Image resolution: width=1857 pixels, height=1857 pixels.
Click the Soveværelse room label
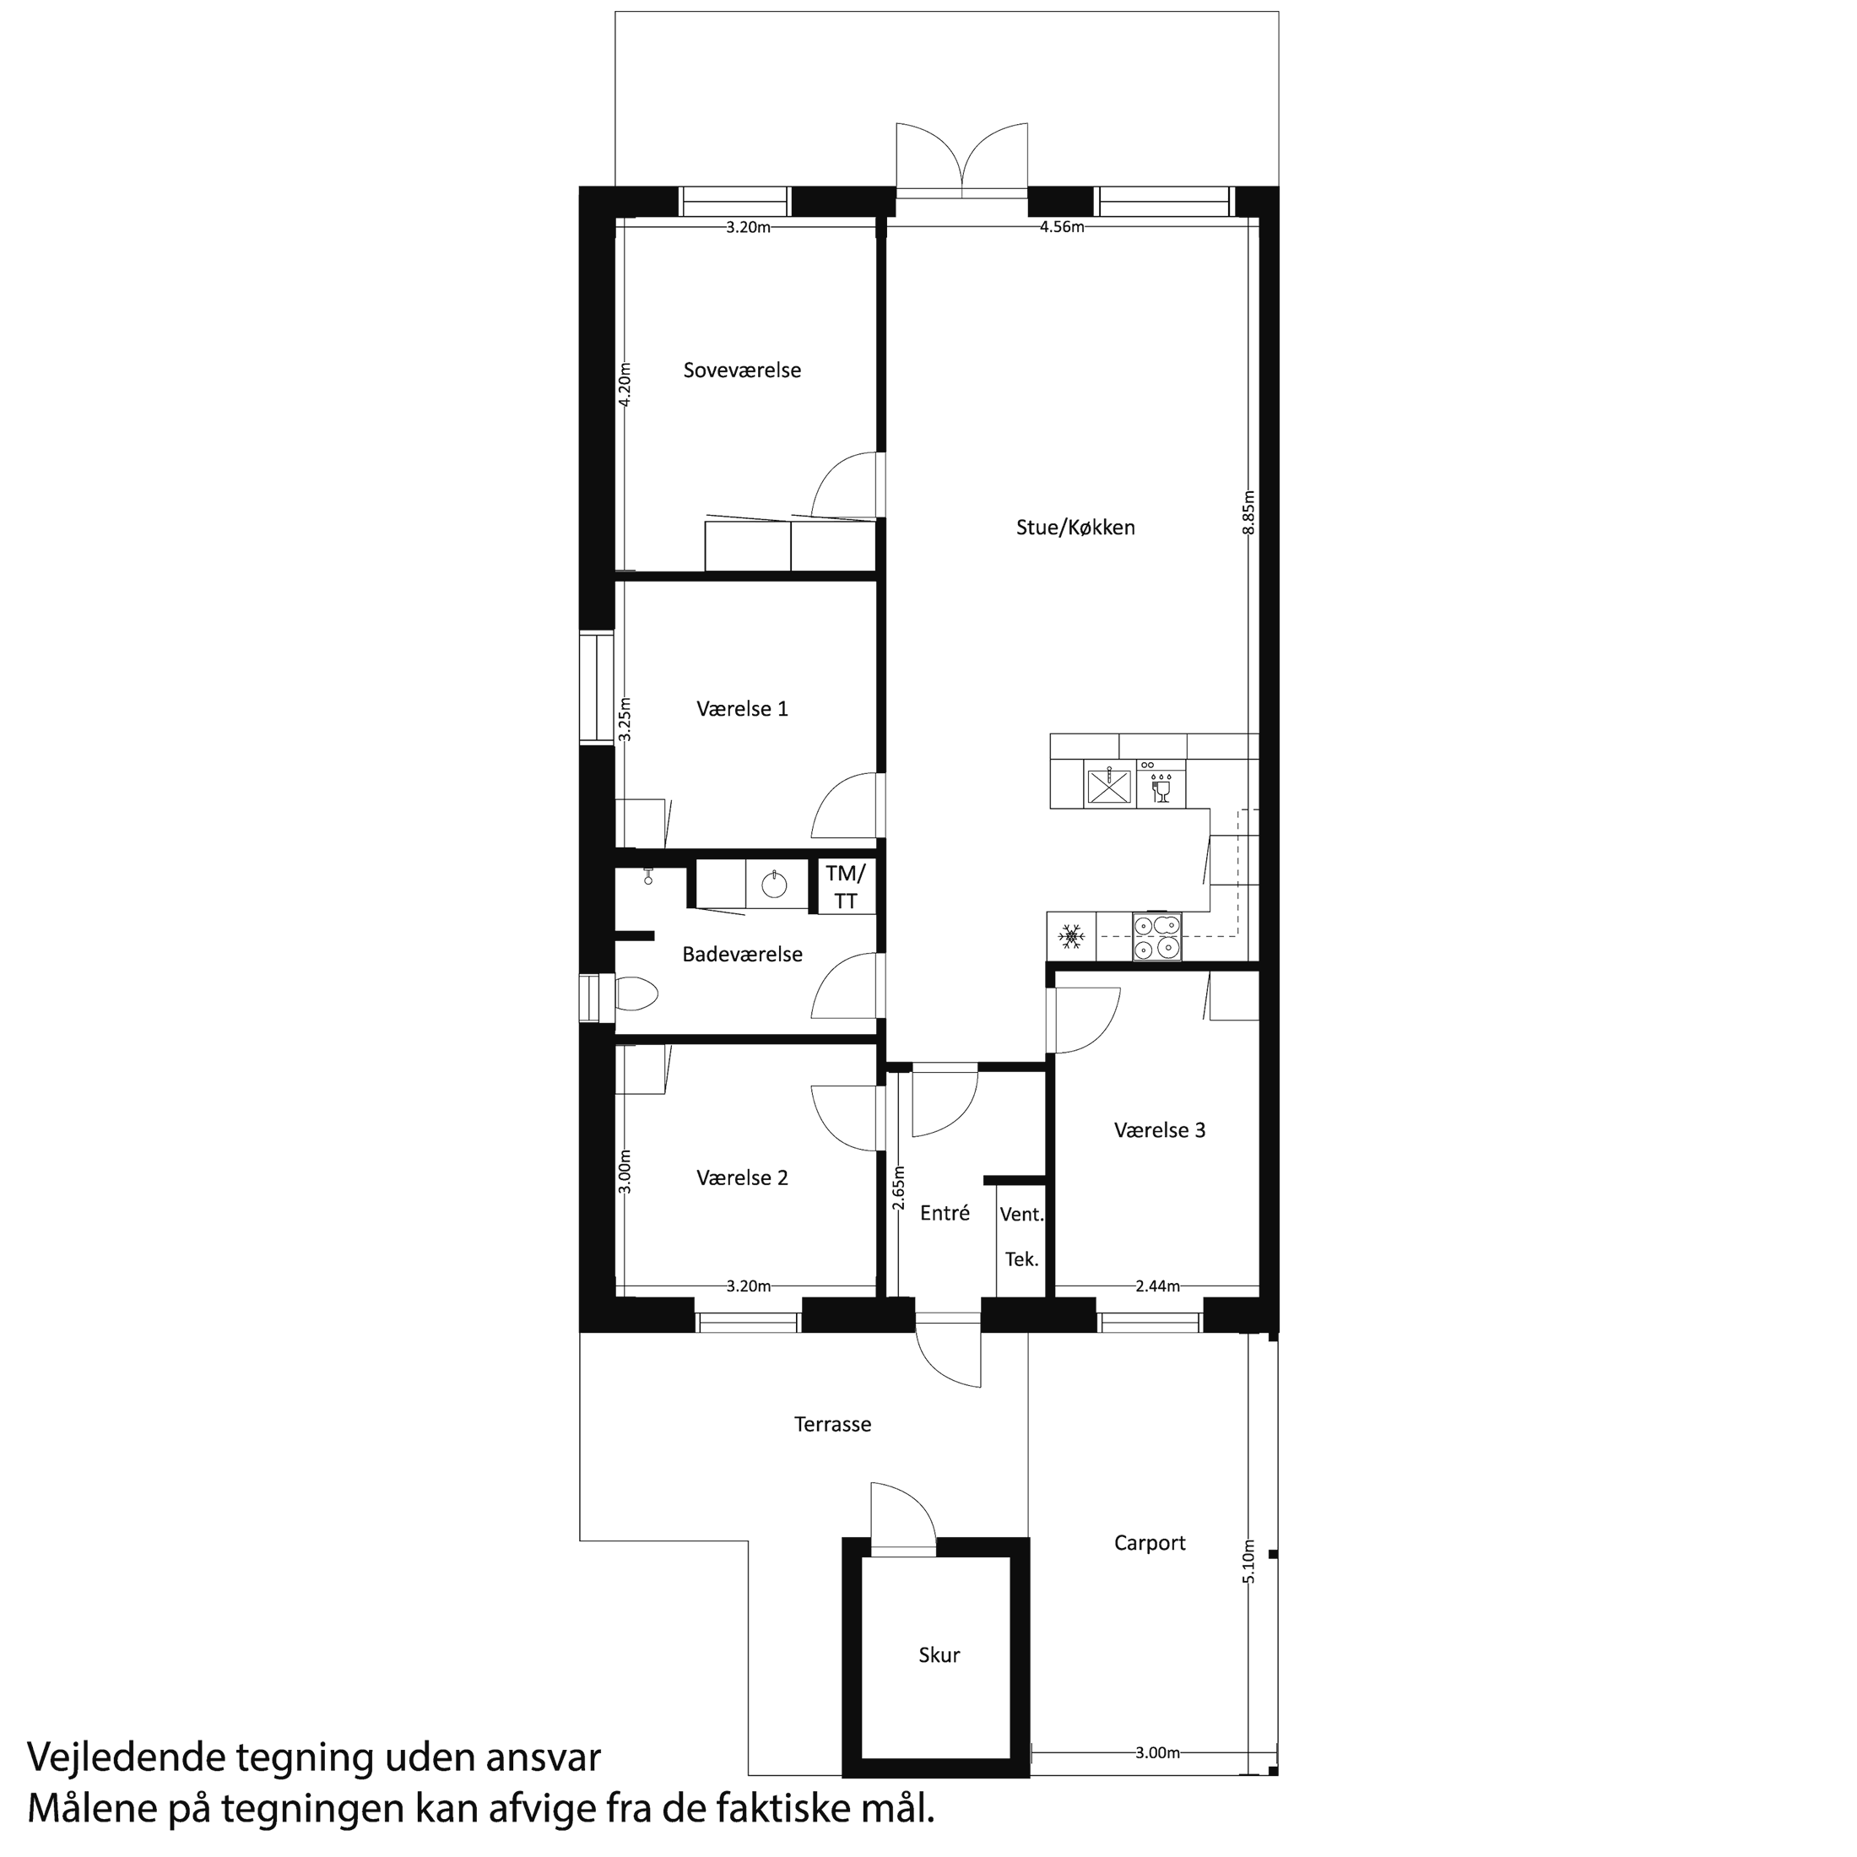coord(742,370)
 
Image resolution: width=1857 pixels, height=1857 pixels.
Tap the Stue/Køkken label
coord(1075,527)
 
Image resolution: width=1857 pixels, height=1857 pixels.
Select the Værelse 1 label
coord(742,708)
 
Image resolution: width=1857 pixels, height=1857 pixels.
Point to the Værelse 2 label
coord(742,1178)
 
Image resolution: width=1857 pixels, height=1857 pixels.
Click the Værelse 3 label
coord(1159,1130)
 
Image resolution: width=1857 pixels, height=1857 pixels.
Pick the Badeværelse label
coord(742,955)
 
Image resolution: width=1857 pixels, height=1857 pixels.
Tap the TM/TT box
coord(846,886)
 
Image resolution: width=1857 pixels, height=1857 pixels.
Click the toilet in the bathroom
coord(635,993)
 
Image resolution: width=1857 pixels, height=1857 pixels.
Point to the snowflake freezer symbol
coord(1072,935)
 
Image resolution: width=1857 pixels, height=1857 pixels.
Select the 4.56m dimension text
coord(1062,227)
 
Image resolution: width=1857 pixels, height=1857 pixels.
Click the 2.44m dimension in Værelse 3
coord(1157,1286)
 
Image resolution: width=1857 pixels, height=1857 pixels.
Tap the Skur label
coord(939,1655)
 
